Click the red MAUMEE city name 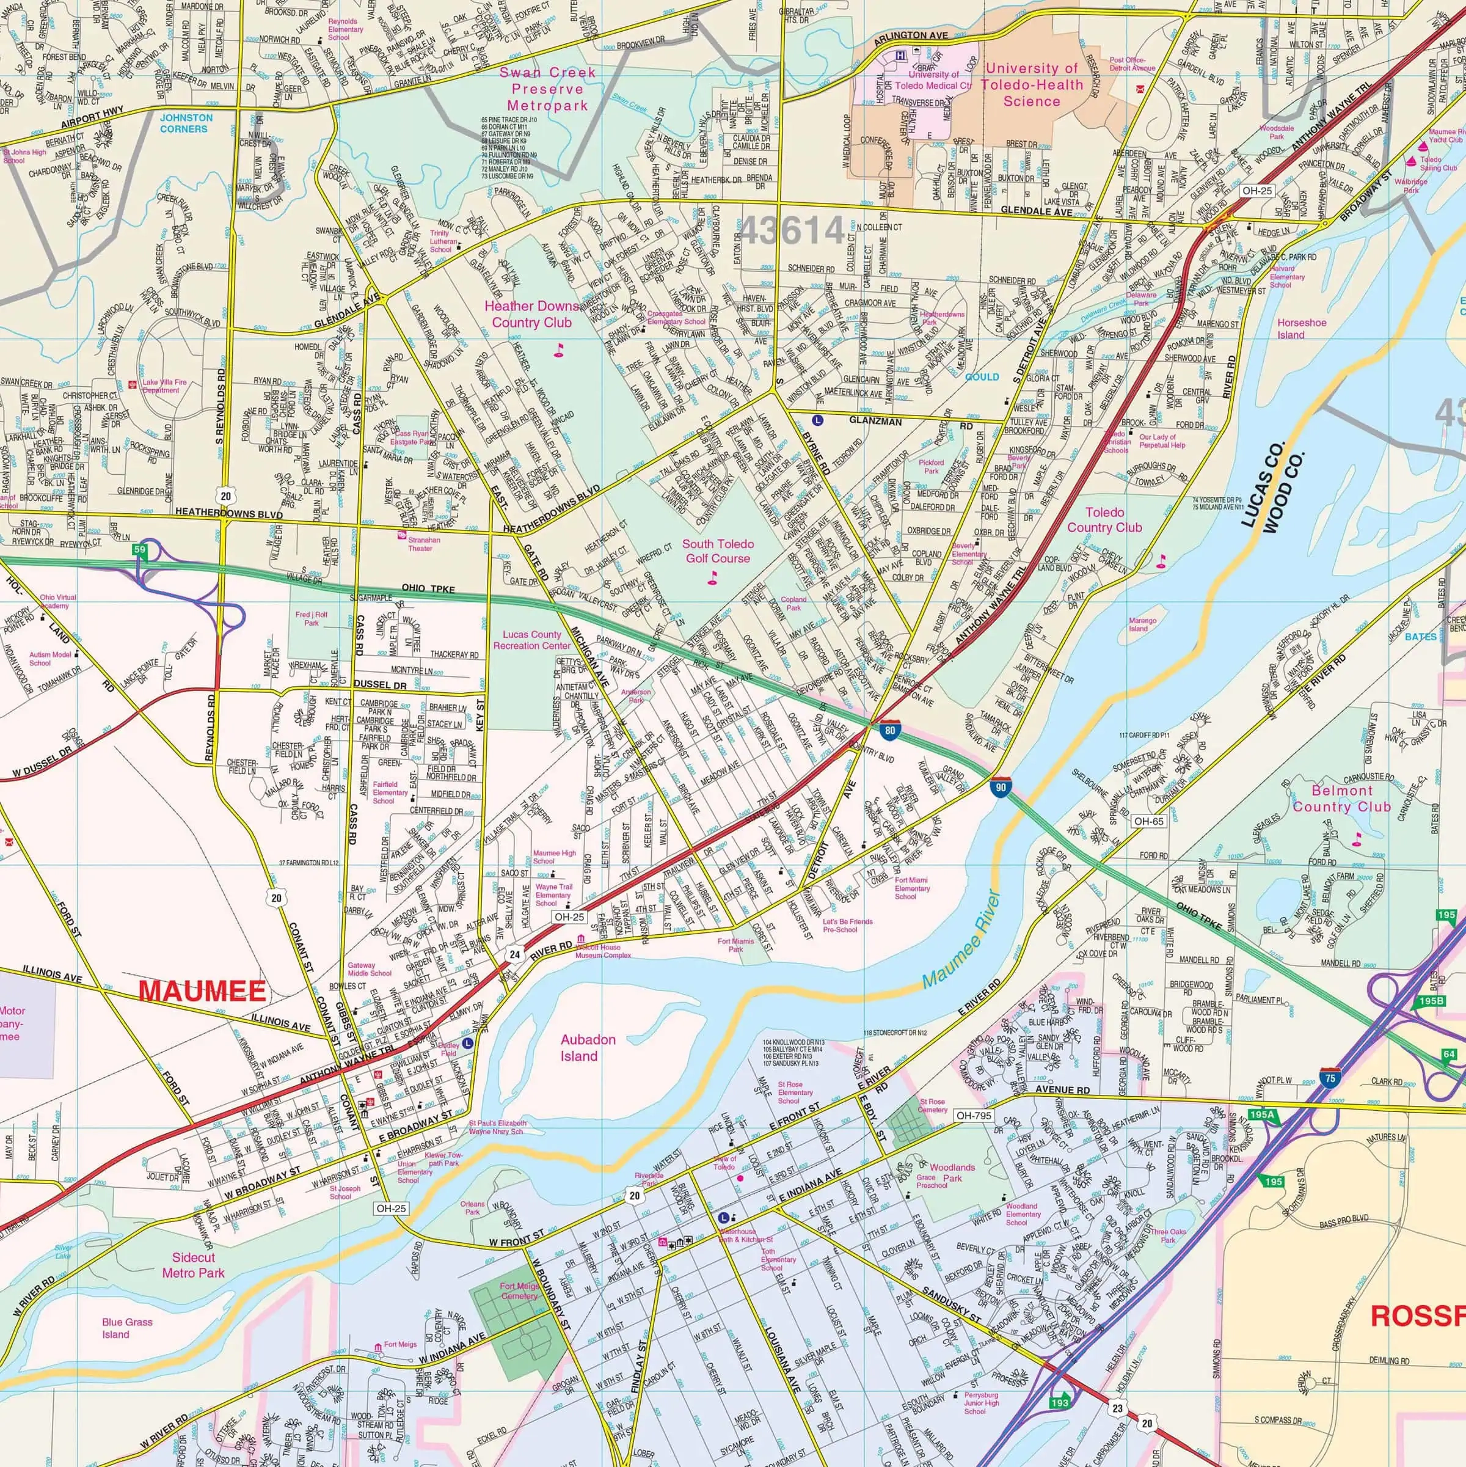[203, 991]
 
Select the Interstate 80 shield [891, 731]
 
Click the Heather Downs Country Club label [531, 314]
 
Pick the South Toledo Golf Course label [718, 551]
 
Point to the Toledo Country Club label [1104, 520]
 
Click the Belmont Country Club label [1341, 798]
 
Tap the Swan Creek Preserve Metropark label [547, 89]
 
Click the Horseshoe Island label [1301, 329]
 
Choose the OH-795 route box [974, 1116]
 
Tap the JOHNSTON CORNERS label [186, 123]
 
